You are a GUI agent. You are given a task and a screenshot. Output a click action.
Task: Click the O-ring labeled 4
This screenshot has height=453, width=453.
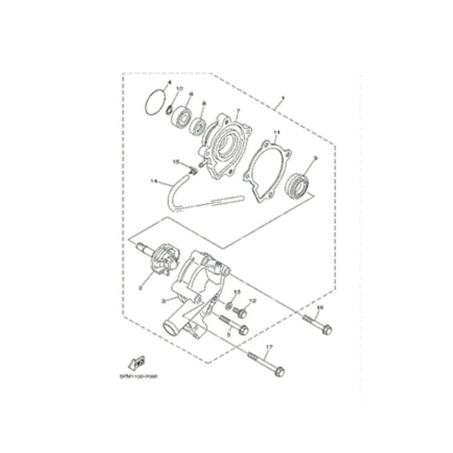[155, 101]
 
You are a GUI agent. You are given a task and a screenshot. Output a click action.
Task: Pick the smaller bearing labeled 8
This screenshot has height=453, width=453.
[198, 126]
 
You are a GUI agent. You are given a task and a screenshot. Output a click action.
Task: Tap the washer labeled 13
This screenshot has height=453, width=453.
[228, 306]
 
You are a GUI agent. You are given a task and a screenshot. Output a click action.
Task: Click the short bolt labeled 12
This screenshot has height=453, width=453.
[239, 310]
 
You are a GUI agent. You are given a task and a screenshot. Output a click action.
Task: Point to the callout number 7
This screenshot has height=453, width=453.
[238, 110]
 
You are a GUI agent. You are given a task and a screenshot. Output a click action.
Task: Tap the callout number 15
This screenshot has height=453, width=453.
[176, 161]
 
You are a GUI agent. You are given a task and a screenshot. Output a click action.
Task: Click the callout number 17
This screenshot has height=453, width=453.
[270, 347]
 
